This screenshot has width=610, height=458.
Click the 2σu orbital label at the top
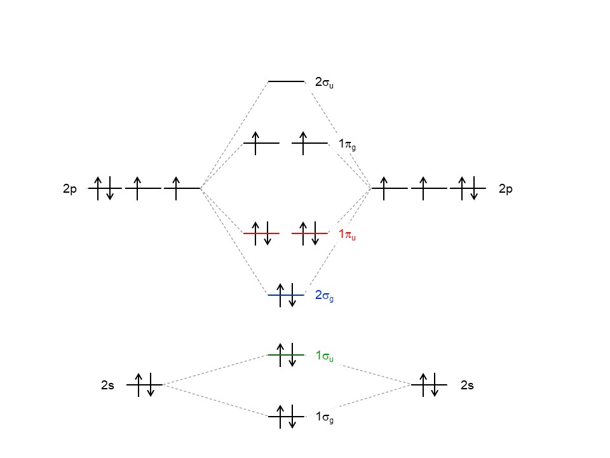324,82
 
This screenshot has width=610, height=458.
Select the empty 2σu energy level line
286,81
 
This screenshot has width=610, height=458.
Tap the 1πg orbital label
347,144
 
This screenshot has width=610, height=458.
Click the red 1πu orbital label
347,235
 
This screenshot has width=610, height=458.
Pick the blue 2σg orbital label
324,295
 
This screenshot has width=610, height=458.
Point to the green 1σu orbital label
324,356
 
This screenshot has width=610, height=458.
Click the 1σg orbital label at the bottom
324,417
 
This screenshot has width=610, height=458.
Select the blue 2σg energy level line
286,295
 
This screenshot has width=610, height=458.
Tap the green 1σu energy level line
286,355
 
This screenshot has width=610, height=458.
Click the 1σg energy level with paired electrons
286,417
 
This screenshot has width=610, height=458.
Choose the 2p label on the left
70,189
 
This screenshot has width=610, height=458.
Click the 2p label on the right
506,189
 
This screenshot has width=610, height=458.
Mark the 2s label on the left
107,385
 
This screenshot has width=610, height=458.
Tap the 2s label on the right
467,385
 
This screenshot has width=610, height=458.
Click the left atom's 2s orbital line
144,385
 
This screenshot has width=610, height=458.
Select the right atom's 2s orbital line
429,385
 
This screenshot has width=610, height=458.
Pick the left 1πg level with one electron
261,143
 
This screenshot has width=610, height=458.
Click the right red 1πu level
309,233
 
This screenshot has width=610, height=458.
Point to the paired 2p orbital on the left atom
104,188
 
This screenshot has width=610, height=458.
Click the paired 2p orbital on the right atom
468,188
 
